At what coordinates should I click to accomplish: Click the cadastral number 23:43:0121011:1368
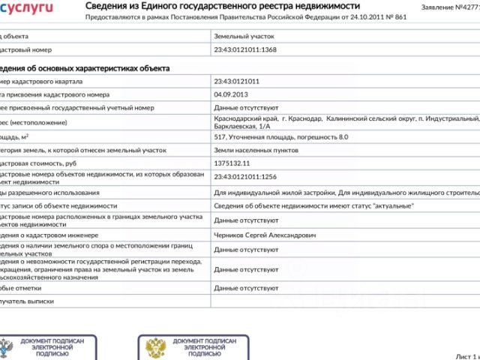[245, 49]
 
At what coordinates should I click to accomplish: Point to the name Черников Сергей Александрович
[265, 235]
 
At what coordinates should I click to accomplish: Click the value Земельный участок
[244, 35]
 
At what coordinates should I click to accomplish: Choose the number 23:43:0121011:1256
[245, 177]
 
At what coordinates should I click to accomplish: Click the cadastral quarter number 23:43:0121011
[236, 81]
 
